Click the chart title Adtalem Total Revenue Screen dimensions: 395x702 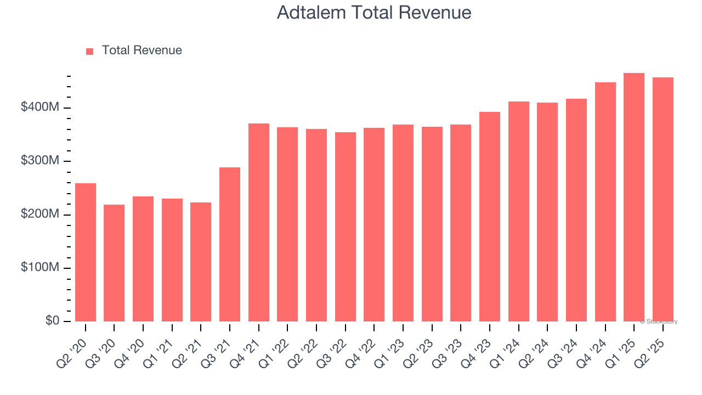374,13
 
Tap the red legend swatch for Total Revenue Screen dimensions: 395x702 90,51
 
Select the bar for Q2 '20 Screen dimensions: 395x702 86,252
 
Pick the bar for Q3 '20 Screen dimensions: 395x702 114,263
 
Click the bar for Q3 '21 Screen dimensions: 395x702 230,244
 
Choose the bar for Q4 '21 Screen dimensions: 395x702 259,222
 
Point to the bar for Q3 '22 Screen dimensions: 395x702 346,227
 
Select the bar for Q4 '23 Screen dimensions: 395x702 490,217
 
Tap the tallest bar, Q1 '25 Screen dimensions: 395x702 634,198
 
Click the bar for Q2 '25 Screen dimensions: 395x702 663,200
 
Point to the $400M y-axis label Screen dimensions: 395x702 40,108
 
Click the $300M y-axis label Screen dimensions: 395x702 40,161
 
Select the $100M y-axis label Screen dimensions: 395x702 40,268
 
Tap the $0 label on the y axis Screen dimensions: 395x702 52,321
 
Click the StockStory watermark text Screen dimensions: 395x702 660,321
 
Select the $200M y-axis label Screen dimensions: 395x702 40,215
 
